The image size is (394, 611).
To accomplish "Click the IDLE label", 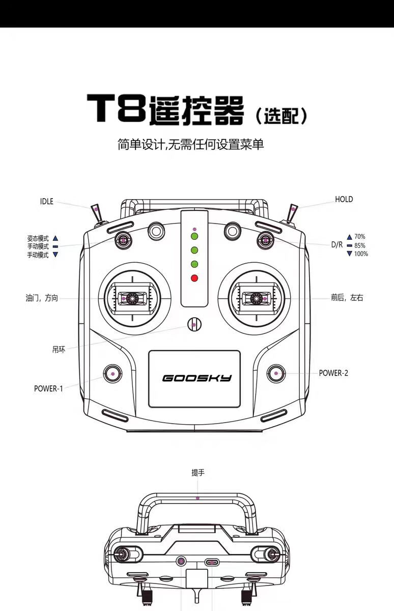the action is [x=47, y=201].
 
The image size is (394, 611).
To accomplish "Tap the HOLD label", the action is [x=344, y=200].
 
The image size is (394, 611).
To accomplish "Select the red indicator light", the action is [x=194, y=278].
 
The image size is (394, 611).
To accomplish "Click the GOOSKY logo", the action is [x=197, y=378].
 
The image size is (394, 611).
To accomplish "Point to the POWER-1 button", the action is [x=112, y=374].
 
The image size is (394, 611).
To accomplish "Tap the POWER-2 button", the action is [x=276, y=373].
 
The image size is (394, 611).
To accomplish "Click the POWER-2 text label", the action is [x=333, y=373].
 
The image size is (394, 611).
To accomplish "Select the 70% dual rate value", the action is [x=360, y=236].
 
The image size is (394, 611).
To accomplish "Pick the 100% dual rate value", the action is [x=361, y=254].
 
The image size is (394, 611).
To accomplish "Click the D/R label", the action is [x=337, y=245].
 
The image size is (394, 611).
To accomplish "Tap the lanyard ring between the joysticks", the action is [x=194, y=325].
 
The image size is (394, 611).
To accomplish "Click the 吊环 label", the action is [x=59, y=349].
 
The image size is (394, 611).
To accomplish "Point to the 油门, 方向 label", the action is [x=42, y=298].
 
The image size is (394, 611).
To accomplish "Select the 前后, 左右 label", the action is [x=347, y=297].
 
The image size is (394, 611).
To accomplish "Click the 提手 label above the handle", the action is [x=198, y=473].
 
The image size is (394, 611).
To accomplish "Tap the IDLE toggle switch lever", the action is [x=97, y=213].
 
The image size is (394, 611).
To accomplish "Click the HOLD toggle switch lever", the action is [x=292, y=213].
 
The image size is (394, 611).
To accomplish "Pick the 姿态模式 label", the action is [x=38, y=238].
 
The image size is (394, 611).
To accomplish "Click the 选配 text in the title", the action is [x=282, y=116].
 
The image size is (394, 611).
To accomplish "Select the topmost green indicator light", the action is [x=194, y=236].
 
